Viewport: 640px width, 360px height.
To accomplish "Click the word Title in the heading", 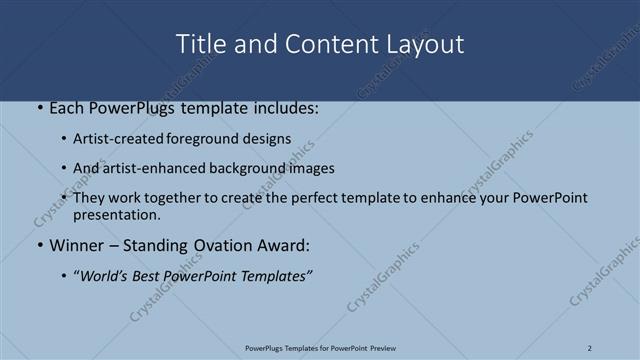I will coord(198,45).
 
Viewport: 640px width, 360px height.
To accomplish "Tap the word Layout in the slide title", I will coord(427,45).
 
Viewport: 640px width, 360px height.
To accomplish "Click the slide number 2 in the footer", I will coord(590,348).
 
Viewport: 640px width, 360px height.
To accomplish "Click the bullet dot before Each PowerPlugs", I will coord(38,108).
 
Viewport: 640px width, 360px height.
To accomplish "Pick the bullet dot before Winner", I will coord(38,244).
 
